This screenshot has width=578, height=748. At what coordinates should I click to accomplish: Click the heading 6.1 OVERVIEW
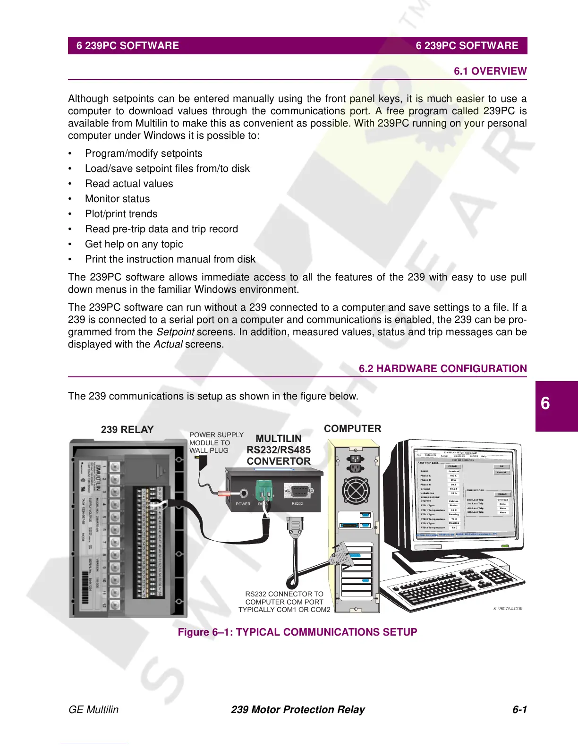click(490, 71)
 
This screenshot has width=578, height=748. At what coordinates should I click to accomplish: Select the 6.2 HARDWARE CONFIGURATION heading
click(442, 369)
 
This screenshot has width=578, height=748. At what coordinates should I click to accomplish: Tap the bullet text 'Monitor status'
click(117, 199)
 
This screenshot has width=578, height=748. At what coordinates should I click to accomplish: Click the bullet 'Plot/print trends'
click(121, 214)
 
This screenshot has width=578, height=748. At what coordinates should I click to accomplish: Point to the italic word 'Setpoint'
click(175, 332)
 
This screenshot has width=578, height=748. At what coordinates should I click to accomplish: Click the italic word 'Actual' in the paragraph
click(168, 344)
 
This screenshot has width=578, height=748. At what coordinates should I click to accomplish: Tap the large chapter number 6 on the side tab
click(545, 404)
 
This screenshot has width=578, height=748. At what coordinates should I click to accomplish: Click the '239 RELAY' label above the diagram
click(127, 430)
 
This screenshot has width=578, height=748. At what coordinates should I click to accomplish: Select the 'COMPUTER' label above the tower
click(352, 429)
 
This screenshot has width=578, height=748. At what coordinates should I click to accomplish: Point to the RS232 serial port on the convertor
click(297, 491)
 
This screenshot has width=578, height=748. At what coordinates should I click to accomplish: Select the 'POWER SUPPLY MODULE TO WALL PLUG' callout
click(216, 442)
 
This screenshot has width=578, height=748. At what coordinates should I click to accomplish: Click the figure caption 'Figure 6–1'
click(297, 632)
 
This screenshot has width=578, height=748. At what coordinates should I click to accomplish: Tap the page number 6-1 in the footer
click(519, 710)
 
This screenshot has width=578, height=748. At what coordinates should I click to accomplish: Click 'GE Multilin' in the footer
click(93, 710)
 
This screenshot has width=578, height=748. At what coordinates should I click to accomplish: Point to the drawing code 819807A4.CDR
click(508, 609)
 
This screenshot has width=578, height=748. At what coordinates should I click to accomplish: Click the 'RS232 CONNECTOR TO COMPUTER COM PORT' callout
click(284, 602)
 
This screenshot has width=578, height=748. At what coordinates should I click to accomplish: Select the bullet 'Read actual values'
click(129, 184)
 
